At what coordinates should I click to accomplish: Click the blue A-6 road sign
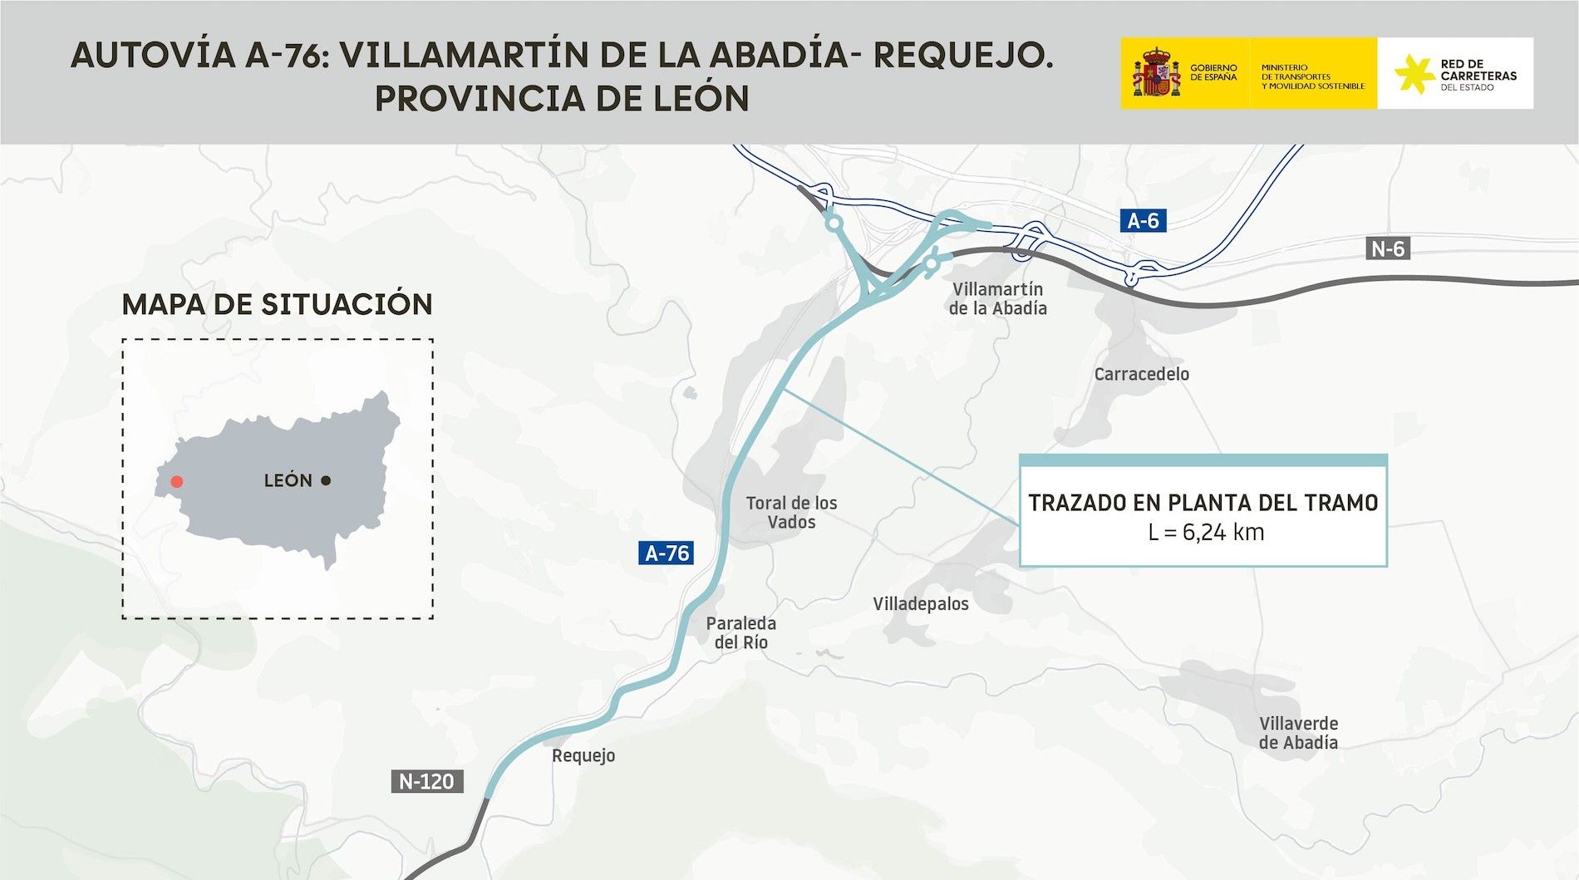[1143, 221]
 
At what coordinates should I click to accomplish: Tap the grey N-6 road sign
[1387, 248]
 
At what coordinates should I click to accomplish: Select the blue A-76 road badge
[667, 553]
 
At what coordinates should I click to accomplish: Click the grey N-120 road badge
[426, 781]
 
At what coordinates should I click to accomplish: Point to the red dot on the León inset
[176, 482]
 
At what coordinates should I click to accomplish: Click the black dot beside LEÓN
[326, 480]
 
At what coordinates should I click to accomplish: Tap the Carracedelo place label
[1141, 374]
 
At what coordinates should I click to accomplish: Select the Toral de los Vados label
[791, 513]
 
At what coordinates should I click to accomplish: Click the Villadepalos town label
[920, 604]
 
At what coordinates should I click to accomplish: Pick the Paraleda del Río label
[740, 632]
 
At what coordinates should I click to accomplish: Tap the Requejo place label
[583, 755]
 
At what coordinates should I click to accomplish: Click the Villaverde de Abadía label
[1298, 733]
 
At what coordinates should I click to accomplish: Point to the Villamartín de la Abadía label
[997, 298]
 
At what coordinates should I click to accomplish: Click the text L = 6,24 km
[1206, 533]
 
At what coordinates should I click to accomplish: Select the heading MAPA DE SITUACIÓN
[277, 304]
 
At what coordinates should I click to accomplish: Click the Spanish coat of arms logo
[1155, 73]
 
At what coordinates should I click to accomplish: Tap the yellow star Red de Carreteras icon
[1413, 74]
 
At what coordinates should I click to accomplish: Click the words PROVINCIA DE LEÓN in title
[562, 99]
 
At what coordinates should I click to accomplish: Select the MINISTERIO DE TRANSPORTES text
[1312, 76]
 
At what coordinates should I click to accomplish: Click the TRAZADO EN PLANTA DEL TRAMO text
[1203, 503]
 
